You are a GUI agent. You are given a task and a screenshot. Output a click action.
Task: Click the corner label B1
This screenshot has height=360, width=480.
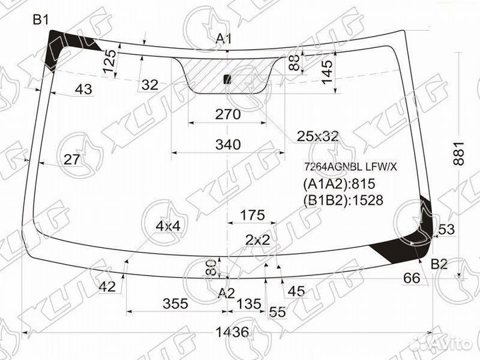[x=41, y=20]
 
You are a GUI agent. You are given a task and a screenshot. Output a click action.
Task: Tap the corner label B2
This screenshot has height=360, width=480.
[x=439, y=264]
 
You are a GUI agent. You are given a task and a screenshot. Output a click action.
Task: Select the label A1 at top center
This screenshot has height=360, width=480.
[x=224, y=39]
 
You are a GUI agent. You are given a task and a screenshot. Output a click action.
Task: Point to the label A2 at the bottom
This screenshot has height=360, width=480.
[x=226, y=293]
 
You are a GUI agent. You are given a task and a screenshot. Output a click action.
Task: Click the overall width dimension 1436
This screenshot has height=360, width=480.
[x=233, y=332]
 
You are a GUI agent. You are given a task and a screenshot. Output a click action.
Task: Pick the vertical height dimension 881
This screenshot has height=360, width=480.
[x=459, y=153]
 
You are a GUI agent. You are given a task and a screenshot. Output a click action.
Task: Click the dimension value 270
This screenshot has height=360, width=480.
[x=228, y=115]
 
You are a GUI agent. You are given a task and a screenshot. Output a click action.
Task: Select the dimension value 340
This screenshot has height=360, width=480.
[x=228, y=144]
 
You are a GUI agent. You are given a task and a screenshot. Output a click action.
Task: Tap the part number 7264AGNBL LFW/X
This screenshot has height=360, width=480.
[x=350, y=167]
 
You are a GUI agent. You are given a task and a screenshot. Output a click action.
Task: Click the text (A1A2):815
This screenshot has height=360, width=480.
[x=339, y=184]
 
